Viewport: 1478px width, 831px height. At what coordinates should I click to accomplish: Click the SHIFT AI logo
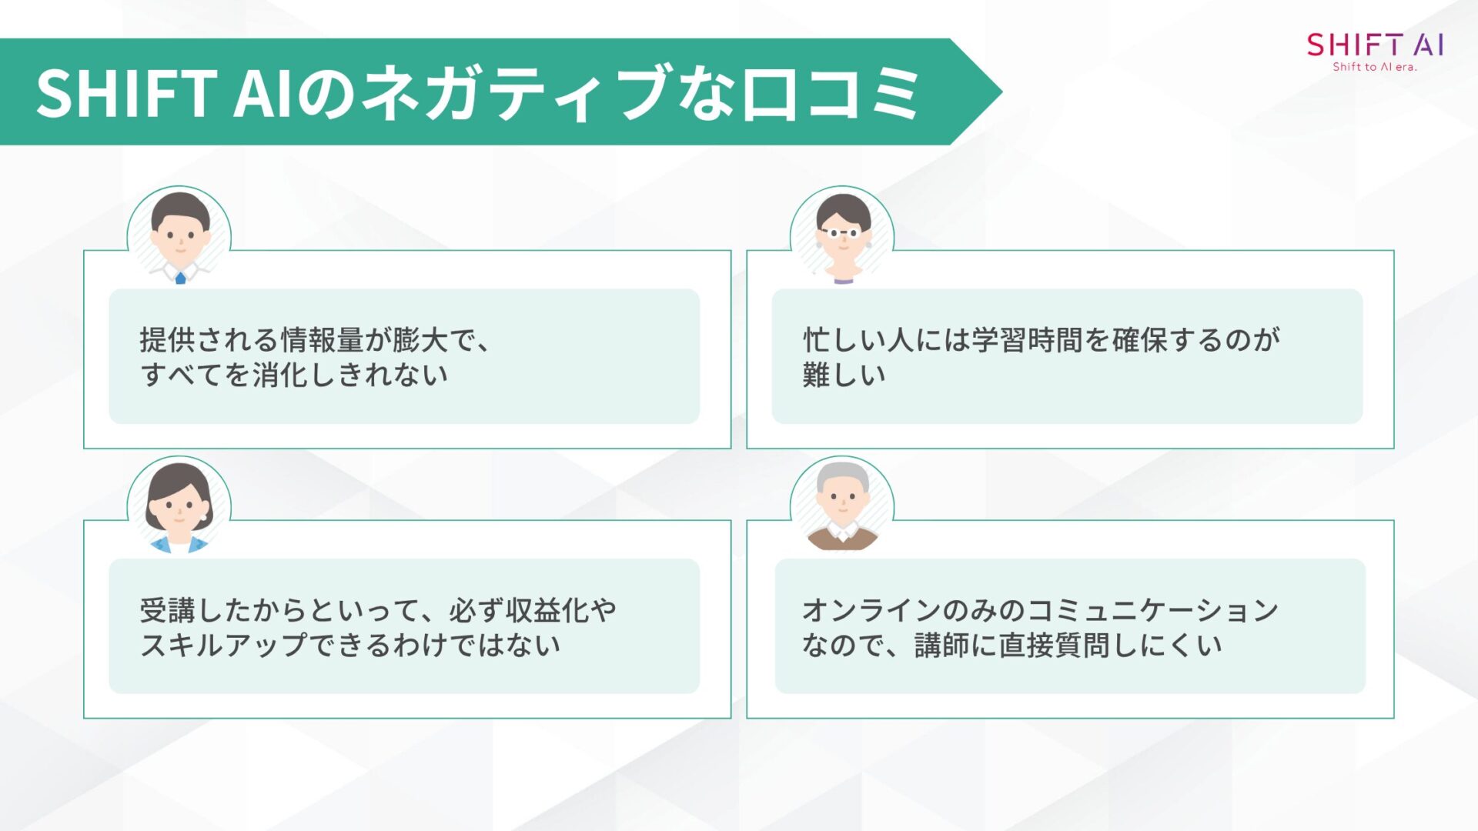click(1375, 45)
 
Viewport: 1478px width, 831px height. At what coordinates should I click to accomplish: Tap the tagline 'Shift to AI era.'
click(1375, 67)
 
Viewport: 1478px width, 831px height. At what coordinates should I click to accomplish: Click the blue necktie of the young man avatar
click(180, 278)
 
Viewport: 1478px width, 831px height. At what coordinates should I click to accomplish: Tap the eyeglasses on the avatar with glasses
click(843, 232)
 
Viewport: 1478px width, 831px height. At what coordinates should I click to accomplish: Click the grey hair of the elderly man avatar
click(843, 475)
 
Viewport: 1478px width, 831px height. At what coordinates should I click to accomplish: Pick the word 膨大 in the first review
click(420, 339)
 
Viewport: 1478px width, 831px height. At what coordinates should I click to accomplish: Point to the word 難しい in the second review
click(844, 375)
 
